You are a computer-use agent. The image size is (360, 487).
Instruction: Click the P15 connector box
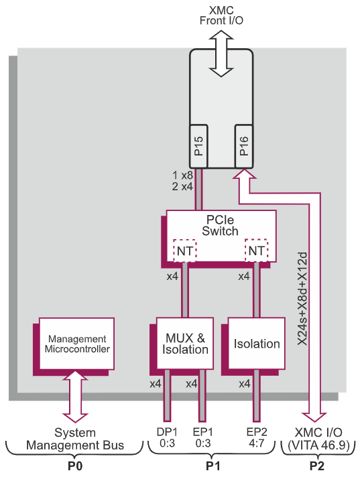click(199, 145)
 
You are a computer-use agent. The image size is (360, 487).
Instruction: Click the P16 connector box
click(243, 145)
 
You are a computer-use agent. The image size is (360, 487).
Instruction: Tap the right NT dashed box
click(257, 250)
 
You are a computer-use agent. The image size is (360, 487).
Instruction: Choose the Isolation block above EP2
click(257, 344)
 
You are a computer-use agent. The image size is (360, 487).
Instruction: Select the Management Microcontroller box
click(77, 344)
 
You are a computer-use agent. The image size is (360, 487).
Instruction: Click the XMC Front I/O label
click(221, 14)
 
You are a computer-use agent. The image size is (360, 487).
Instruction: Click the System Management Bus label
click(75, 439)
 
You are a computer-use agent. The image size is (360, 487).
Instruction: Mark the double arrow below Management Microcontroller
click(75, 395)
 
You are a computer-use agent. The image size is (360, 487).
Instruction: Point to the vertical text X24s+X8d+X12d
click(302, 295)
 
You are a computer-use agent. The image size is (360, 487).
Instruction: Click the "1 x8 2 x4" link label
click(182, 182)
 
